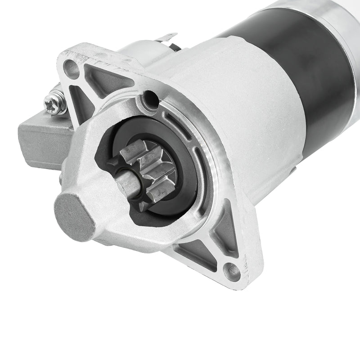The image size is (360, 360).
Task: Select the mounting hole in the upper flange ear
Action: (x=71, y=69)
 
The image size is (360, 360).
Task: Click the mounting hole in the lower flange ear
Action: (x=232, y=271)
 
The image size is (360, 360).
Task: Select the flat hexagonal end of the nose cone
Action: (x=74, y=211)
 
